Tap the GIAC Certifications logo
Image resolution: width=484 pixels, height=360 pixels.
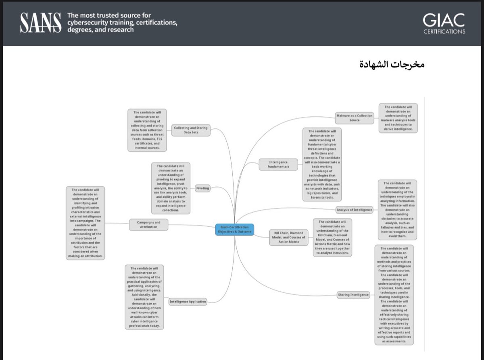(444, 24)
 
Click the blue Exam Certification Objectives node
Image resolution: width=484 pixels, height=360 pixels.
(234, 230)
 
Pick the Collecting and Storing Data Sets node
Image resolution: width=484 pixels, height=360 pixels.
(190, 130)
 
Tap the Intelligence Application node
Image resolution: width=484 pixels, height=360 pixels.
(188, 301)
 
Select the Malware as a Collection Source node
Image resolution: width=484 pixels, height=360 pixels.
(354, 118)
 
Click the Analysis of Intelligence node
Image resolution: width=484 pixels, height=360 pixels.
(354, 209)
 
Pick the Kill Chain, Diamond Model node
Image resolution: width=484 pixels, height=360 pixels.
(288, 237)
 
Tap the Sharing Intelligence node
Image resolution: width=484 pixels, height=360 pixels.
(353, 295)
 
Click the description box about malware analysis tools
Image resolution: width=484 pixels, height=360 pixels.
(398, 118)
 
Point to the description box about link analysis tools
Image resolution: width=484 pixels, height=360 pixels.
(170, 188)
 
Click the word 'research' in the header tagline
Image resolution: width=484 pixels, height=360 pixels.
(119, 30)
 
